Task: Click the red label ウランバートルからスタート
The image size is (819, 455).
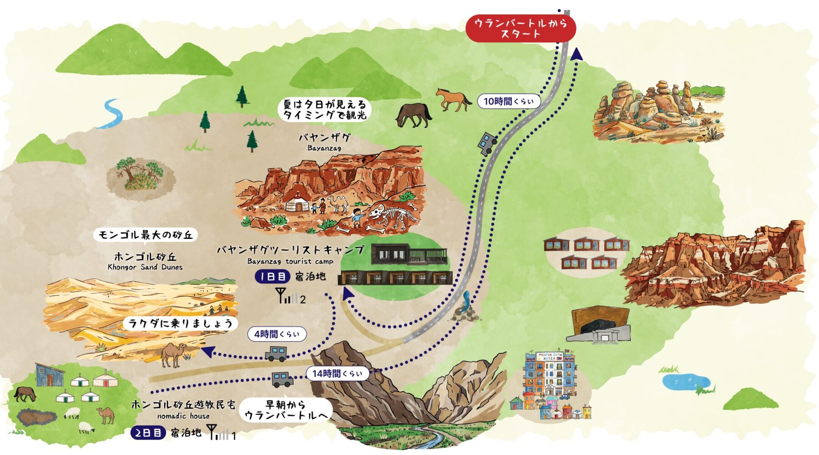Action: tap(521, 28)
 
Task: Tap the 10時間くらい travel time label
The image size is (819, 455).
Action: tap(509, 101)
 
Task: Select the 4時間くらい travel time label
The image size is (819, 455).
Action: tap(277, 334)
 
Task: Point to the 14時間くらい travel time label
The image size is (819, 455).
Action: tap(337, 374)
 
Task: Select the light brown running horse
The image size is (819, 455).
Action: tap(453, 99)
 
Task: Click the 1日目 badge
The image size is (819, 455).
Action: tap(272, 276)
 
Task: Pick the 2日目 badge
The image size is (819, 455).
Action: tap(148, 433)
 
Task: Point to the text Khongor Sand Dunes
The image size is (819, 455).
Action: tap(145, 267)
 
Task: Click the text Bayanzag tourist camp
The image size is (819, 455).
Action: tap(290, 261)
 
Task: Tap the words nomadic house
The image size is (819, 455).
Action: tap(183, 416)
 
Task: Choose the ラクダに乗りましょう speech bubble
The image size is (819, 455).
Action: tap(180, 324)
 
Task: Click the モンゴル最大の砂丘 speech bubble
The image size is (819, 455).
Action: tap(146, 235)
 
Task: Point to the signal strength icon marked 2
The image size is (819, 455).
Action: tap(290, 296)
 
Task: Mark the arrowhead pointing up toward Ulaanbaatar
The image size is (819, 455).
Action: tap(576, 54)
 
